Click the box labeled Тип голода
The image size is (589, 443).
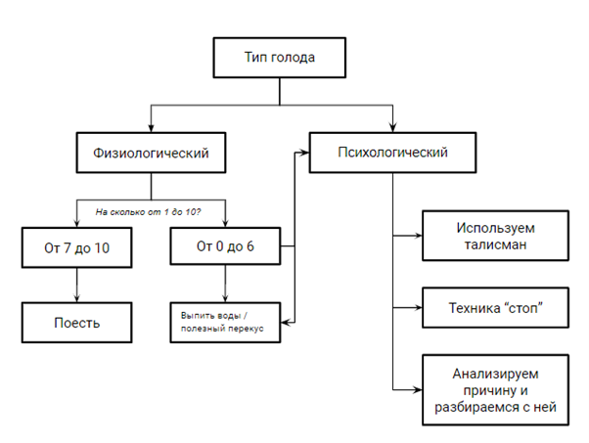coord(280,58)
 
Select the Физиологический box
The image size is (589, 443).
coord(151,153)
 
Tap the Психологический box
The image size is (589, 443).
coord(393,153)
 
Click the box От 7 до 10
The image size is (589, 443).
coord(76,247)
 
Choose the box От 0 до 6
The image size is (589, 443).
coord(225,245)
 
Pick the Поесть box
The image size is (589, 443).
coord(76,323)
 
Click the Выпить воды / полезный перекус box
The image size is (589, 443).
coord(225,323)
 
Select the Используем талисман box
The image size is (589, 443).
coord(495,236)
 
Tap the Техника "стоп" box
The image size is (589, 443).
coord(495,307)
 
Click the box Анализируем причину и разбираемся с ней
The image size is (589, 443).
coord(495,389)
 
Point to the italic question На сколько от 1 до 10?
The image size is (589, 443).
coord(148,212)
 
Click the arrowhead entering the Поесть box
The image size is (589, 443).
coord(76,298)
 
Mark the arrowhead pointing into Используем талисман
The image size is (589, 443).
coord(418,236)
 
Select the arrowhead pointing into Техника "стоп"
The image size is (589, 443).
coord(418,307)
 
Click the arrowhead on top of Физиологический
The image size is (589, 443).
coord(151,128)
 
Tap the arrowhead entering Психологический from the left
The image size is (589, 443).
coord(305,153)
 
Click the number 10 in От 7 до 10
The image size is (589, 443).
coord(102,247)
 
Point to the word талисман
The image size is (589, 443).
coord(495,244)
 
